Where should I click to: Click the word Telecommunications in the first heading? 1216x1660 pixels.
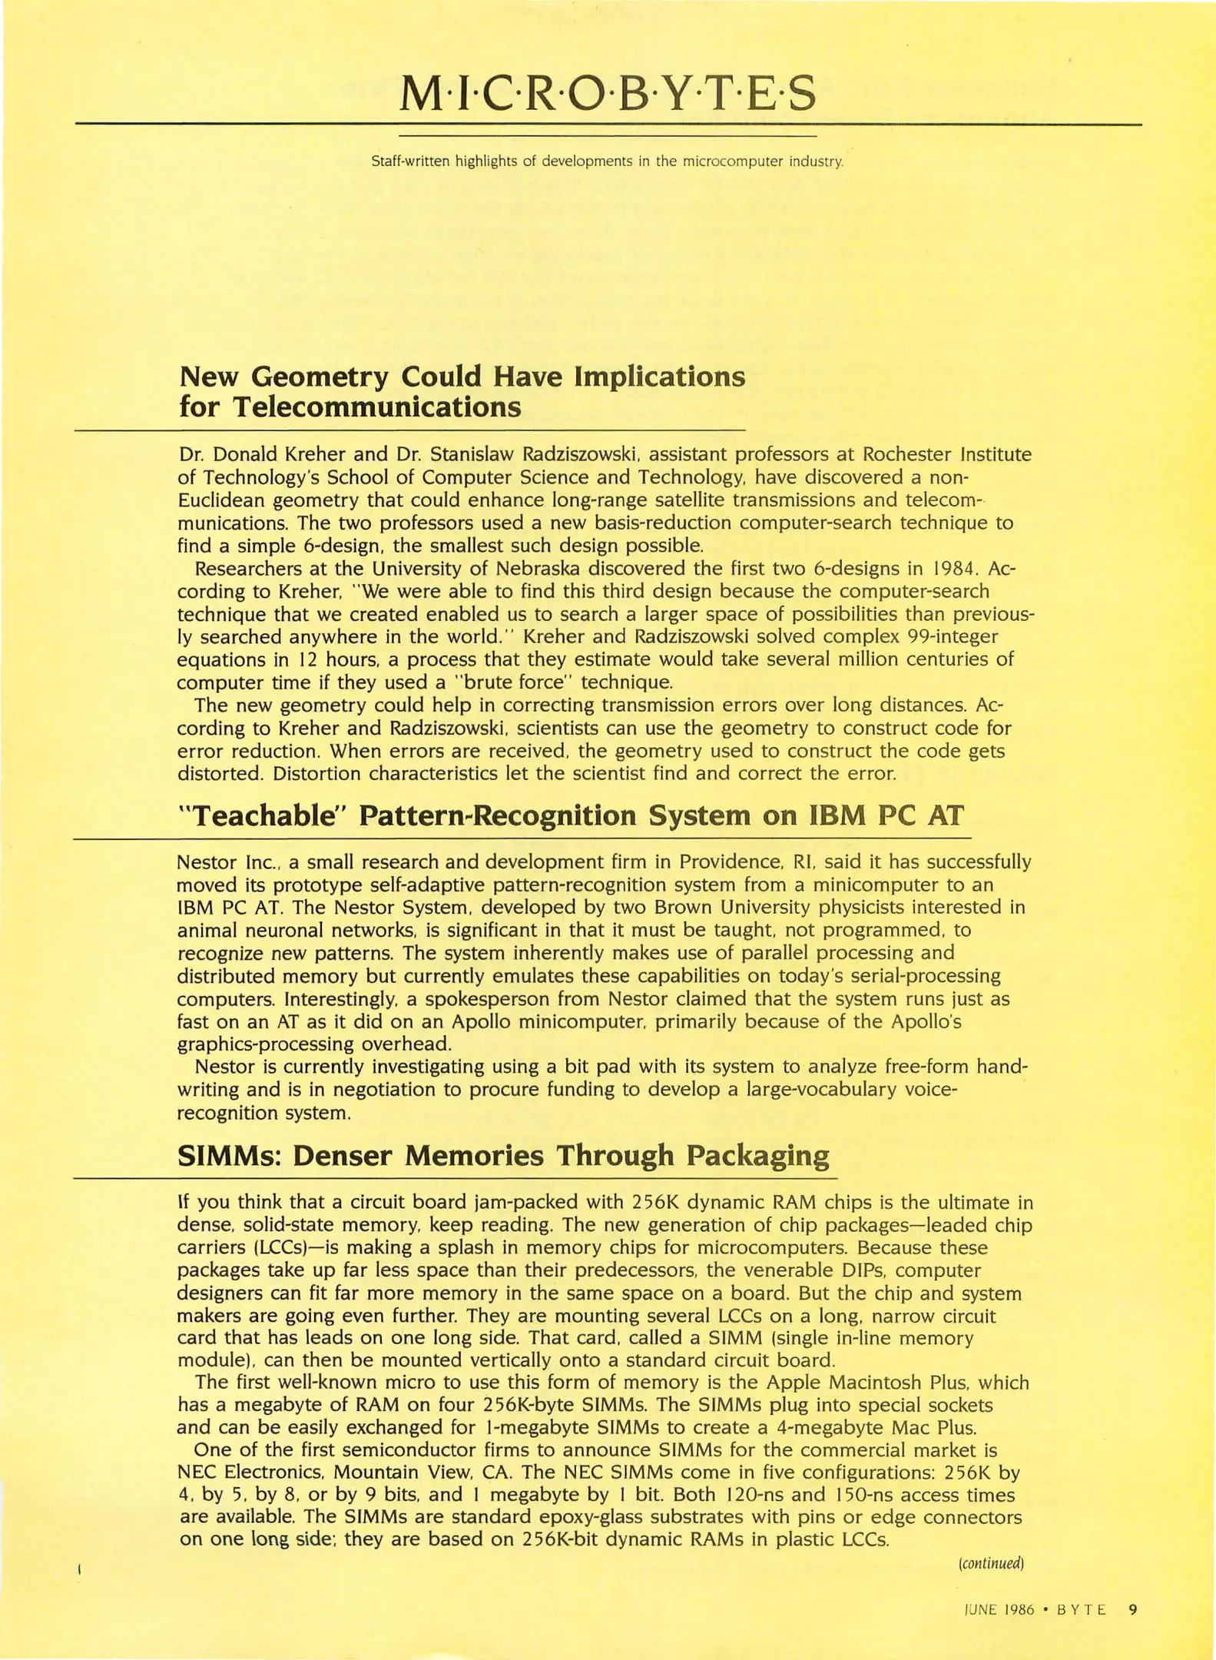tap(376, 407)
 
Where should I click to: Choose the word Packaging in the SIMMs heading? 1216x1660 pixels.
tap(757, 1155)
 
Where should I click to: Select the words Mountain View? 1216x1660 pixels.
tap(402, 1472)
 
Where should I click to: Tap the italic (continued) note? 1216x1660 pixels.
tap(991, 1562)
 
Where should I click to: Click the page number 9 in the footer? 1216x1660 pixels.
tap(1132, 1609)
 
